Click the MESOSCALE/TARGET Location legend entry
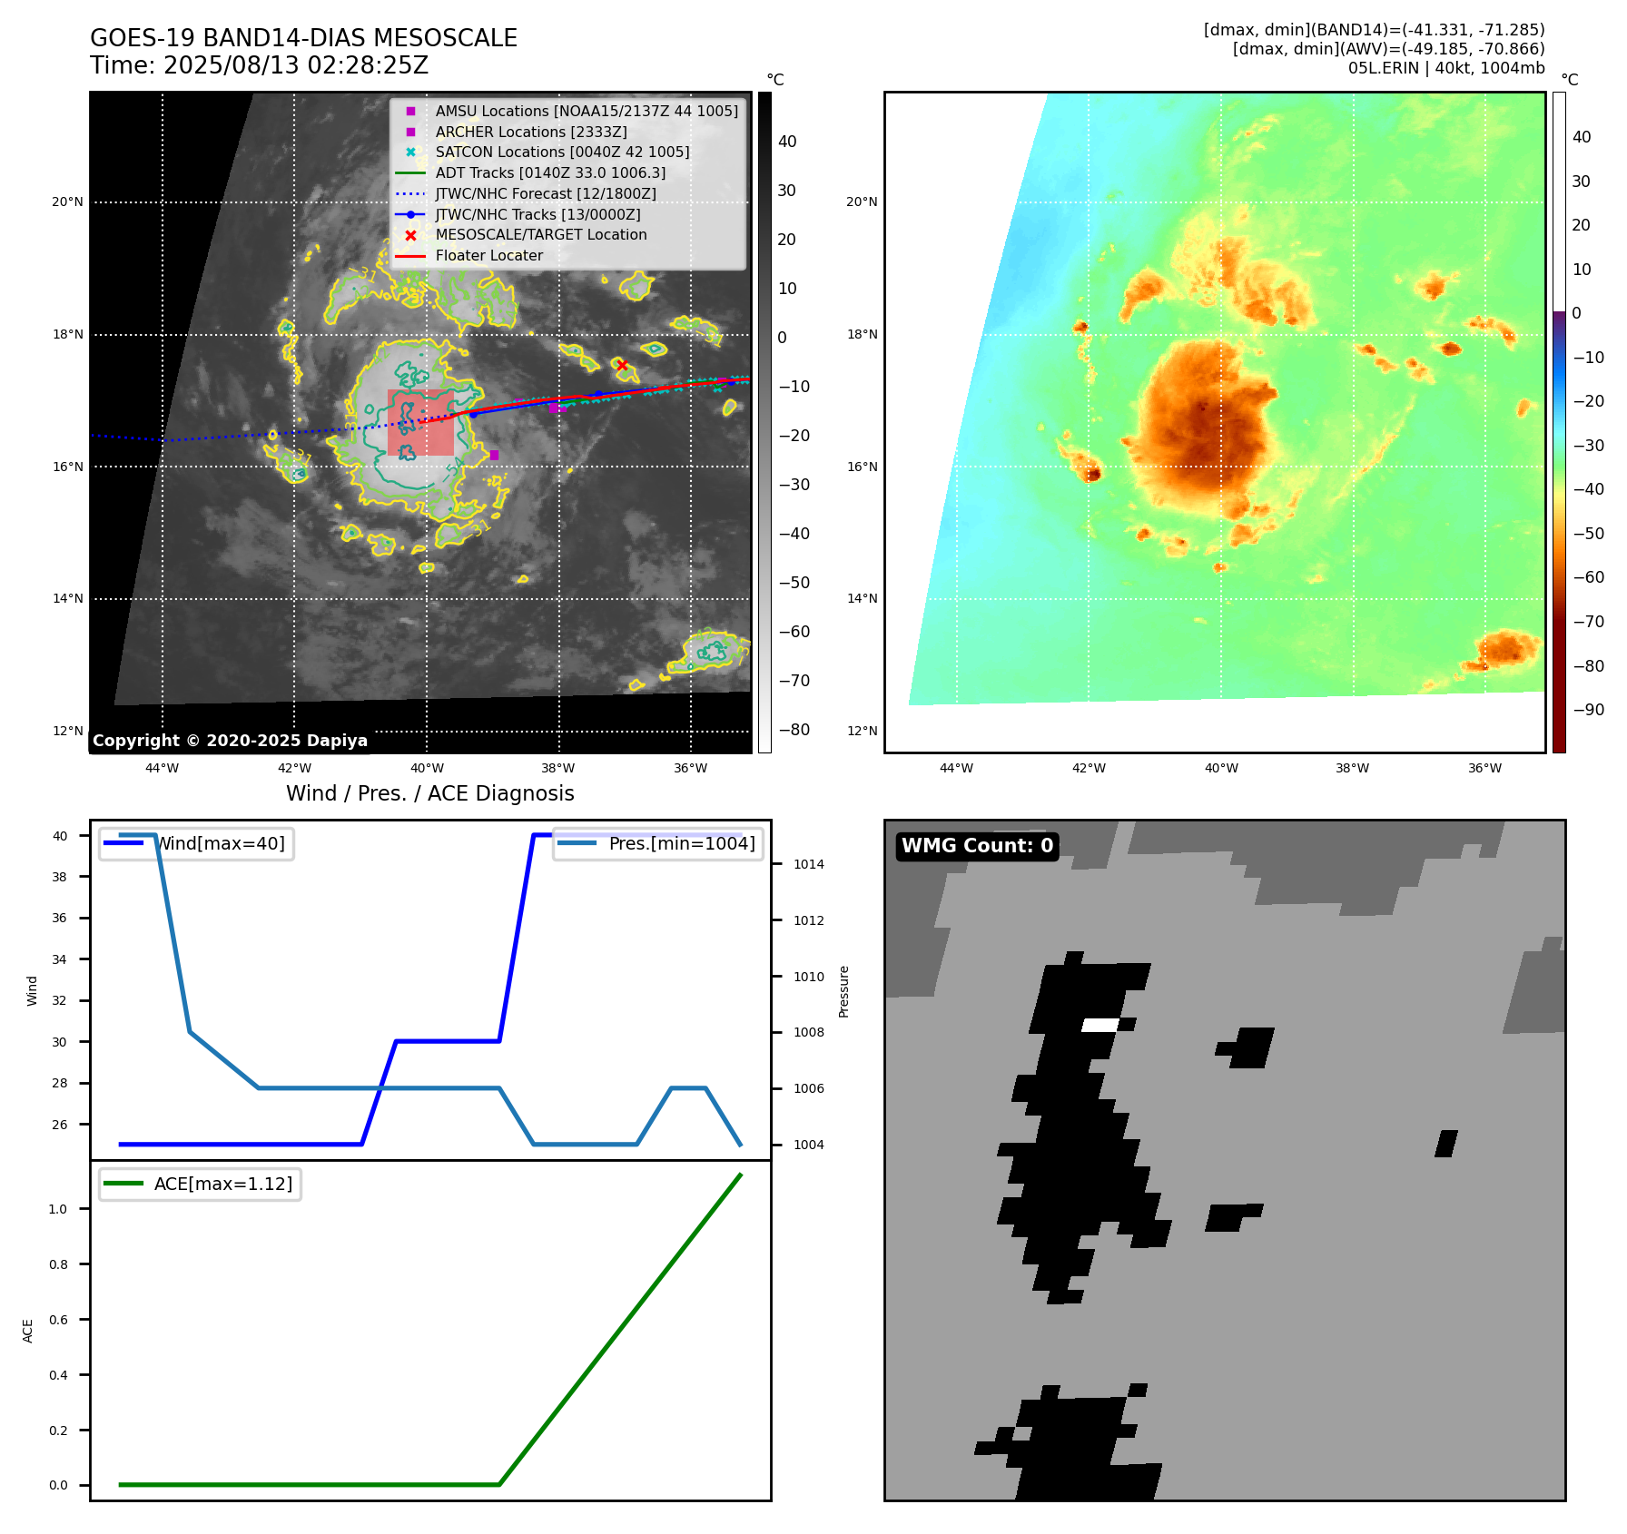[x=540, y=235]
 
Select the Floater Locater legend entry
[x=488, y=256]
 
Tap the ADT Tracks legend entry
[x=549, y=172]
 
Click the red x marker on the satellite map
[x=622, y=365]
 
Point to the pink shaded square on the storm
[x=420, y=422]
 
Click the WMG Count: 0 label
[x=977, y=846]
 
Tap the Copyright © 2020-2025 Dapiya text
[x=230, y=741]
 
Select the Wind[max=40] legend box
[x=196, y=844]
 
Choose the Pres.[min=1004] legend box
[x=657, y=844]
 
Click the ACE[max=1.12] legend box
[x=200, y=1185]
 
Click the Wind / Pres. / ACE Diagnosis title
[x=429, y=793]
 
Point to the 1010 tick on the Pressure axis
[x=808, y=977]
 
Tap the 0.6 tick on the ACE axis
[x=58, y=1320]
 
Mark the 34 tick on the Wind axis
[x=59, y=959]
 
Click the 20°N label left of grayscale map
[x=67, y=202]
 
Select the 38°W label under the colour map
[x=1352, y=769]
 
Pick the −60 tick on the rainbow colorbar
[x=1588, y=577]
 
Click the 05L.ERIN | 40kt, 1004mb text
[x=1445, y=68]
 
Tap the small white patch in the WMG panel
[x=1099, y=1025]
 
